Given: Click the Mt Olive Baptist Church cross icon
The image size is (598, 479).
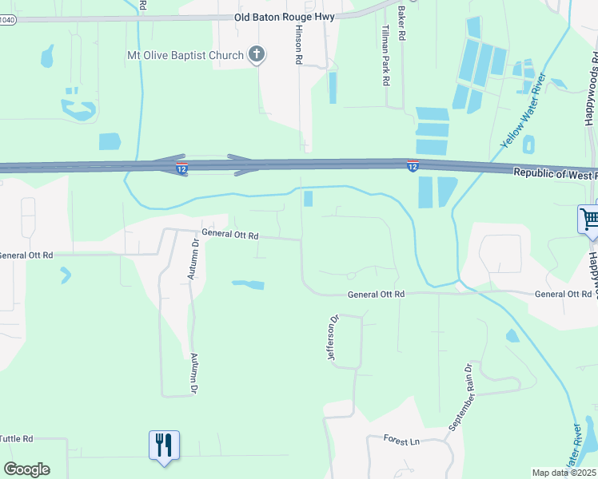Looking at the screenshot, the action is [x=257, y=55].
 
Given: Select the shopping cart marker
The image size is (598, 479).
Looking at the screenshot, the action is [x=589, y=218].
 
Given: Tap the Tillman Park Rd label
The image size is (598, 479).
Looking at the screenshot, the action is [x=385, y=54].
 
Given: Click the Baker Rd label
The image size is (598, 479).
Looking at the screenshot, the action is [x=401, y=24].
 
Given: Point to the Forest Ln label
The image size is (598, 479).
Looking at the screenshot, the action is [x=401, y=441].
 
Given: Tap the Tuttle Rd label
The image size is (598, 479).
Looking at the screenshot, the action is [x=17, y=438].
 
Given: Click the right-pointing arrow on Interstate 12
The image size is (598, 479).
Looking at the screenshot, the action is [x=243, y=166].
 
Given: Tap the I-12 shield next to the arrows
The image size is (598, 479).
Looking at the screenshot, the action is [x=182, y=168].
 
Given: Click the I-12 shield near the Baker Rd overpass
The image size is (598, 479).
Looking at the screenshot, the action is [x=413, y=165].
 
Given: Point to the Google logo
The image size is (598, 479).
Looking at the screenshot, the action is [x=26, y=469].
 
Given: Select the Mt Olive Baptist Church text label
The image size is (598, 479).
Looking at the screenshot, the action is [x=185, y=55].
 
